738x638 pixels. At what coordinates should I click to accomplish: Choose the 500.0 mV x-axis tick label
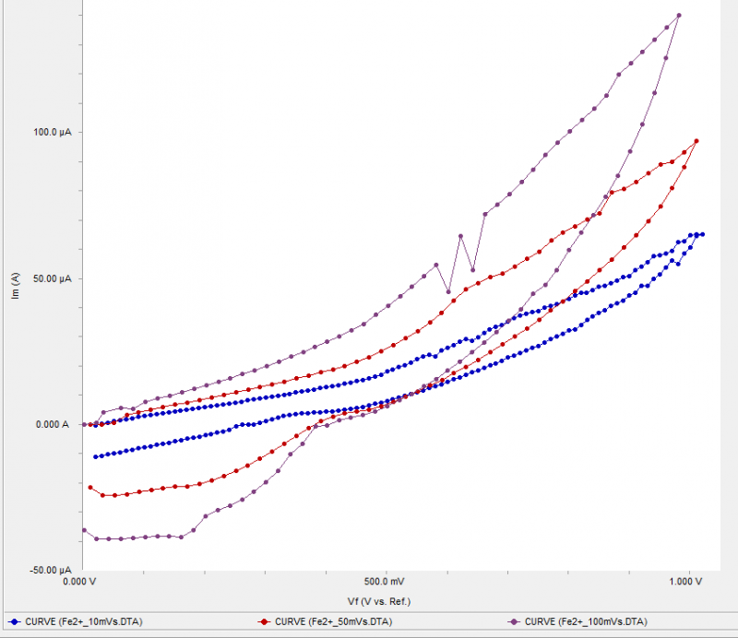pyautogui.click(x=385, y=582)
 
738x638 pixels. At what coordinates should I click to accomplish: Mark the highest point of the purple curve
pyautogui.click(x=679, y=15)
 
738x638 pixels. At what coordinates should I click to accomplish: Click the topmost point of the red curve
pyautogui.click(x=696, y=141)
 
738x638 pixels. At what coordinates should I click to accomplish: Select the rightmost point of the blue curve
pyautogui.click(x=703, y=234)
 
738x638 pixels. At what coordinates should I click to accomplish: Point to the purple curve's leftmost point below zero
pyautogui.click(x=84, y=530)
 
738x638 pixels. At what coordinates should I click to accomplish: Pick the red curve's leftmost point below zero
pyautogui.click(x=89, y=487)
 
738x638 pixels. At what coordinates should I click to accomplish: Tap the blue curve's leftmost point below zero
pyautogui.click(x=95, y=456)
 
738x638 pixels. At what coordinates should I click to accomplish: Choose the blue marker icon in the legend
pyautogui.click(x=13, y=621)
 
